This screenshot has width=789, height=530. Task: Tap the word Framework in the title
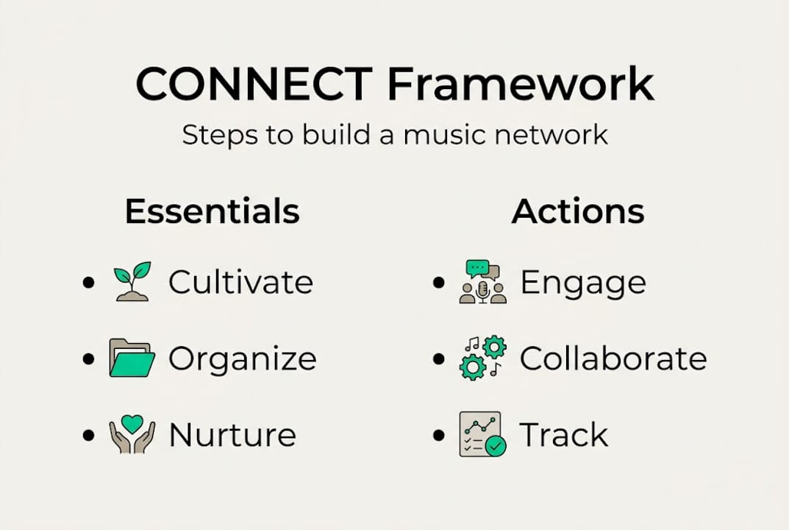521,84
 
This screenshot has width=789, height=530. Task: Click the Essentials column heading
213,211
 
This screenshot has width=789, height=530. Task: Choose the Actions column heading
578,211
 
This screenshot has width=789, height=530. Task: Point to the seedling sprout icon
132,281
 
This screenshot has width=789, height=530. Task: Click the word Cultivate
240,283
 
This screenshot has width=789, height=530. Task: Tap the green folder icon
132,358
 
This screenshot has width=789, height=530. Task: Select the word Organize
242,359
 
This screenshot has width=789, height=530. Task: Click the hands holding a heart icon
132,434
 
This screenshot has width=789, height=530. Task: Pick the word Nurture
232,435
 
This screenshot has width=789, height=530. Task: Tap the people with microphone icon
483,282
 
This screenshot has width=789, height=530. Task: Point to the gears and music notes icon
483,358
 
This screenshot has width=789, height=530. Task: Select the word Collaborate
613,358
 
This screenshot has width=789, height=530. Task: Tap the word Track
564,435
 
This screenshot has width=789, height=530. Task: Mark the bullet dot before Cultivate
90,283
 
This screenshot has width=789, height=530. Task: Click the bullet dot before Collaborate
440,359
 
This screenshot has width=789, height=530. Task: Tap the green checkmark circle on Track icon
496,446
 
